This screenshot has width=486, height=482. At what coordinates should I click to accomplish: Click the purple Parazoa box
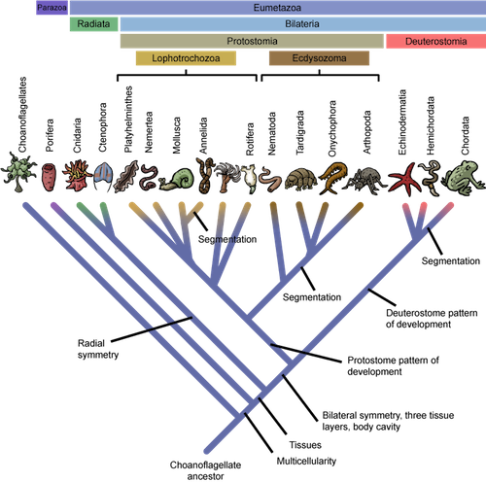coord(52,8)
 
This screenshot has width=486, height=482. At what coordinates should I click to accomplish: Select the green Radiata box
coord(93,24)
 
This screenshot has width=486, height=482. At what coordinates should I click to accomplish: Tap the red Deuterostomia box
coord(435,42)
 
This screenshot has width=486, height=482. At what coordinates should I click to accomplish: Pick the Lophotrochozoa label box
coord(186,58)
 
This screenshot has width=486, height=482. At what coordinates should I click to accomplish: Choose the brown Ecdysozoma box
coord(319,58)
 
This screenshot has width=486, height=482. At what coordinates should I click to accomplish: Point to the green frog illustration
coord(465,177)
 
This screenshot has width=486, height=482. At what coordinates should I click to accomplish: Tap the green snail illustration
coord(176,179)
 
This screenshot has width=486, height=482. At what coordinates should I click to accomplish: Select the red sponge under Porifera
coord(49,177)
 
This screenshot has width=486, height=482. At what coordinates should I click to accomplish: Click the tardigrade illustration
coord(300,179)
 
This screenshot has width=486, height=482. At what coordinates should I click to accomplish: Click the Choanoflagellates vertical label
coord(22,115)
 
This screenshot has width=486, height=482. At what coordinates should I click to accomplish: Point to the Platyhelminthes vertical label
coord(128,119)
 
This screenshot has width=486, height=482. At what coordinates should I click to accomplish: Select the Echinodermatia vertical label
coord(402,122)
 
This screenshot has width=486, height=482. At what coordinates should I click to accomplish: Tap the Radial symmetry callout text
coord(98,349)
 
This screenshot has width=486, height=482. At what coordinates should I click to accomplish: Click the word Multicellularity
coord(306,461)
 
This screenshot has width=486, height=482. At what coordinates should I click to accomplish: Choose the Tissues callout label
coord(305,445)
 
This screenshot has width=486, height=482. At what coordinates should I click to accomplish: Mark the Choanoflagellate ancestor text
coord(205,470)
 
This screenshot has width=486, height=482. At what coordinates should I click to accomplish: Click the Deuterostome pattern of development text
coord(432,319)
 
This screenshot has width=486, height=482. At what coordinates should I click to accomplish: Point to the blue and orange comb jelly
coord(103,177)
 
